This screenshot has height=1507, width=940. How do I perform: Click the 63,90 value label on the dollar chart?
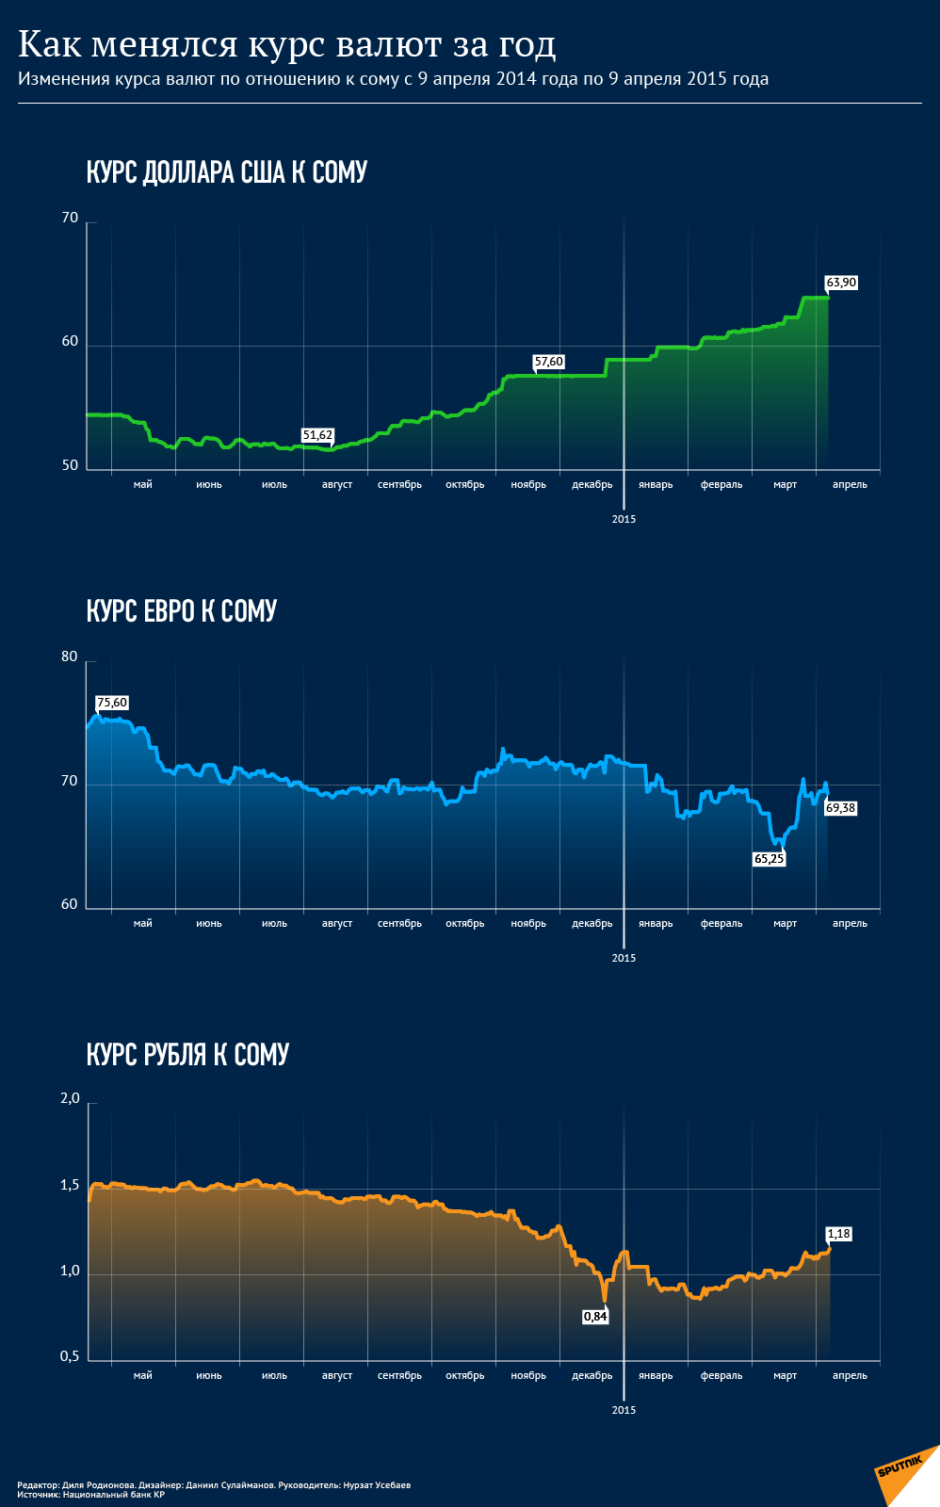(841, 283)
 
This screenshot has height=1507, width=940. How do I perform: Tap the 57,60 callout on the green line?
(548, 362)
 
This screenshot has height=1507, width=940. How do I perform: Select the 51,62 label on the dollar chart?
(317, 435)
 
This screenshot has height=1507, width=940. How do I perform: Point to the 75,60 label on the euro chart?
(112, 703)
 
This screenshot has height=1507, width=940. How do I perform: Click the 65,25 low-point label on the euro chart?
(769, 859)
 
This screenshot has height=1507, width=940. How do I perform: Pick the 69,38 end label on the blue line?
(840, 808)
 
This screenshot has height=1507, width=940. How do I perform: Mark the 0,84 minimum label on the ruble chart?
(595, 1317)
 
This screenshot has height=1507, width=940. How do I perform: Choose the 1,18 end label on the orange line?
(838, 1234)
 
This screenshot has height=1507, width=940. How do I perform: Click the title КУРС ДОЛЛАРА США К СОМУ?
(226, 172)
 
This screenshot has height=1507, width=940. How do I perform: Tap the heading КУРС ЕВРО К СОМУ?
(182, 611)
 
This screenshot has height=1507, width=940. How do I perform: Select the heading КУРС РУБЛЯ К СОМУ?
(187, 1054)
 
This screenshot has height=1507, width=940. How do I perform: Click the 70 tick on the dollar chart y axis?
(70, 218)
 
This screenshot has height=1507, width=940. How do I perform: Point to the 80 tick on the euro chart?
(70, 656)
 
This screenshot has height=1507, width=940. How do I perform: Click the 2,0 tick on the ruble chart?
(70, 1098)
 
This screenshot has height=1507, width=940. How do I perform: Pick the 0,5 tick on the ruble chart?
(70, 1356)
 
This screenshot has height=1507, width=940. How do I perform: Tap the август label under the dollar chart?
(337, 485)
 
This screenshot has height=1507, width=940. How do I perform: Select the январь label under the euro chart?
(656, 924)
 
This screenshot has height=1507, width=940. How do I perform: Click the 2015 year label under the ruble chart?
(624, 1410)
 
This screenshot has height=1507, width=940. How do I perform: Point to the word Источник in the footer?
(38, 1494)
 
